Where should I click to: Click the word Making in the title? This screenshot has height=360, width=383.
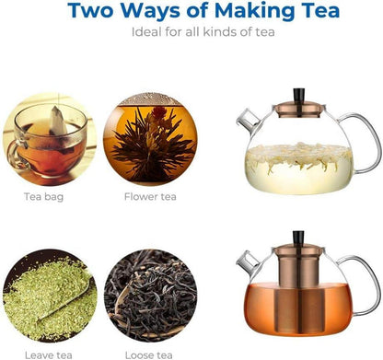256,11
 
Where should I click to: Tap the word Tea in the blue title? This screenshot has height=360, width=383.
321,10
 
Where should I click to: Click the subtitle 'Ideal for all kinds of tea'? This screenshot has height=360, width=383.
203,32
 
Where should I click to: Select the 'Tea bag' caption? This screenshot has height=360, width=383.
43,197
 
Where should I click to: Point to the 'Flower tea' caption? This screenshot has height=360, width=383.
150,196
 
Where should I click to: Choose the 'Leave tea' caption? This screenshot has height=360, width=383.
49,355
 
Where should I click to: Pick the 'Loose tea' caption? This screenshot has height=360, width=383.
148,355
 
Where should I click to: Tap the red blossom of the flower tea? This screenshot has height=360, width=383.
159,113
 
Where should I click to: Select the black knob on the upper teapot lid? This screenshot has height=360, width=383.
299,95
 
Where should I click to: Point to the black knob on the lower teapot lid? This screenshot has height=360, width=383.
298,238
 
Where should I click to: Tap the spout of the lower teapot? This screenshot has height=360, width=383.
248,261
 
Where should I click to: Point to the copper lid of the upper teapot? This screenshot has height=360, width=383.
299,110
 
